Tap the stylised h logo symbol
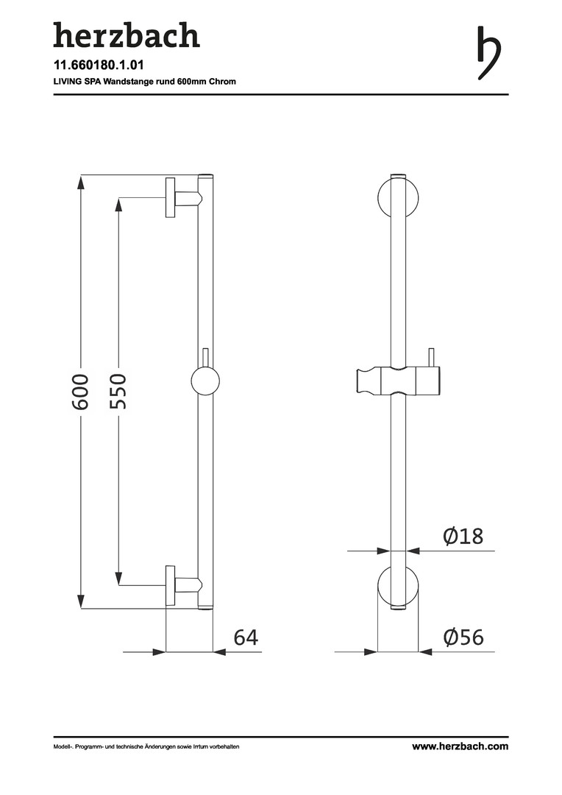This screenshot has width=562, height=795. [x=489, y=53]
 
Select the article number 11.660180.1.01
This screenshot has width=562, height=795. [x=99, y=66]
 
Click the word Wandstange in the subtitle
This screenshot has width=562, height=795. [x=129, y=81]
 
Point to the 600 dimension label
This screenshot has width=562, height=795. [x=81, y=392]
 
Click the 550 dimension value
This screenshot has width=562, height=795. [x=118, y=391]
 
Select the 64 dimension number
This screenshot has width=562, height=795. [x=246, y=637]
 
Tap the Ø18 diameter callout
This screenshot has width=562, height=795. [x=463, y=537]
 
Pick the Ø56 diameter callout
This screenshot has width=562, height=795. [x=463, y=637]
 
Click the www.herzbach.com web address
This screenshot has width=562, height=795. [x=460, y=746]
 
